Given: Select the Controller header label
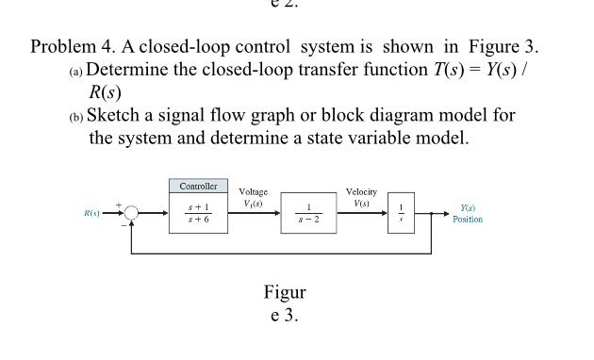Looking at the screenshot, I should pos(198,186).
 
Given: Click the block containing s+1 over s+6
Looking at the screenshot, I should pos(198,213).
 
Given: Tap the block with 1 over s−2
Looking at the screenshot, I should pos(307,214).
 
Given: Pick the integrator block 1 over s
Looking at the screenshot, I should pos(401,214).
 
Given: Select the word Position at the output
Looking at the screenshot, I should pos(468,220).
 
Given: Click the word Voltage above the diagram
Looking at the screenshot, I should pos(254,191).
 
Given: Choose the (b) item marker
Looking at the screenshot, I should pos(75,118).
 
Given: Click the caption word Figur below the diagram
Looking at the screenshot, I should pos(285,292).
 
